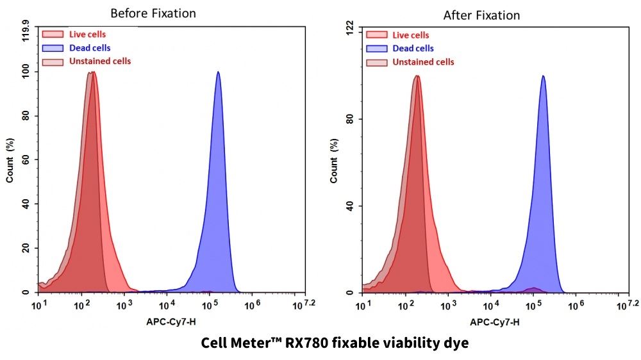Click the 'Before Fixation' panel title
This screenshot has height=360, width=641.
(x=153, y=13)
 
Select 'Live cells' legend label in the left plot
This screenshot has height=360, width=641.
(x=87, y=34)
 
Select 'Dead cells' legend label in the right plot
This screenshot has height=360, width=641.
(x=413, y=48)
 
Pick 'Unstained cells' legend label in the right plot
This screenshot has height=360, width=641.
(x=423, y=62)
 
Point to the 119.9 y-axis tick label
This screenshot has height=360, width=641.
(x=26, y=30)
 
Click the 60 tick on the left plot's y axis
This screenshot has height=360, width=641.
(x=26, y=160)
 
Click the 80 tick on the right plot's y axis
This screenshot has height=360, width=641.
(x=350, y=119)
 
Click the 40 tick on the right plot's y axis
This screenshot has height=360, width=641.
(x=350, y=206)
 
